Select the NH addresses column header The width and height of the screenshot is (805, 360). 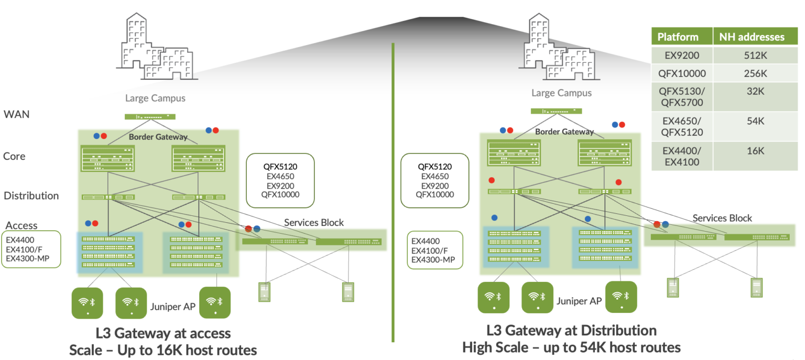(752, 37)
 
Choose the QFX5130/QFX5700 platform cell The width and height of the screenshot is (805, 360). (682, 96)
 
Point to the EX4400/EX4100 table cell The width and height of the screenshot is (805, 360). (682, 156)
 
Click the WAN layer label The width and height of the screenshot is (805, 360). (16, 114)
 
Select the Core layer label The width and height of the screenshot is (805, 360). (14, 156)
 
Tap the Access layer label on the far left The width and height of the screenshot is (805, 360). (21, 225)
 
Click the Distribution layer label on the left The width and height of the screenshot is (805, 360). (31, 195)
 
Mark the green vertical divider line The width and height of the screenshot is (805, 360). (393, 194)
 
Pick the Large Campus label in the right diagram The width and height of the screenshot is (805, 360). (561, 93)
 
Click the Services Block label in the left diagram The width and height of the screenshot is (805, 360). (313, 222)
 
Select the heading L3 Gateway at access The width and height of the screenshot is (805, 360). (163, 333)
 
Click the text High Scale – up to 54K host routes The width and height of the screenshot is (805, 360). (571, 347)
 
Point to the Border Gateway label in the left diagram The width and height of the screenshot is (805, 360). (158, 137)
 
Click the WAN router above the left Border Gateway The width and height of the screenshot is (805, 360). (150, 117)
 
